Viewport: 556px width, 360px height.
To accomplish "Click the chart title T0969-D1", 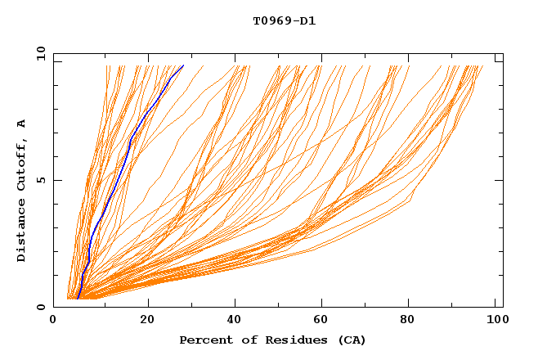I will [x=284, y=20].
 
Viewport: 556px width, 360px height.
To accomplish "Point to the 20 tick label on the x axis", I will [x=147, y=322].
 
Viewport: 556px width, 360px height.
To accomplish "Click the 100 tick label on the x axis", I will [x=494, y=322].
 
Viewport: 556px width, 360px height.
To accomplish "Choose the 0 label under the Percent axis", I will [x=53, y=322].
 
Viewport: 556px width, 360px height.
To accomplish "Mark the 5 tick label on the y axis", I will [x=39, y=180].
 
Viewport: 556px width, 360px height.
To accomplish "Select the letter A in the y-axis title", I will [x=21, y=124].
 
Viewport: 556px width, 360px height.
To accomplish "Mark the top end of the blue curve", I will [x=184, y=65].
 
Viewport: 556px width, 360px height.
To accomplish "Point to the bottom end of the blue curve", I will [x=77, y=299].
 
